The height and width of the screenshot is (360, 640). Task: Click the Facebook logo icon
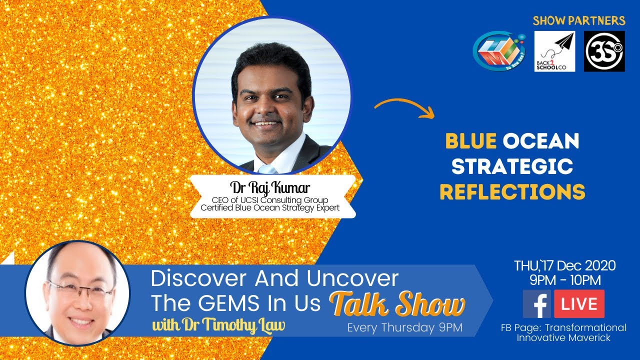pyautogui.click(x=536, y=304)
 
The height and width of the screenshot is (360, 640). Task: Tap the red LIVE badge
pyautogui.click(x=579, y=304)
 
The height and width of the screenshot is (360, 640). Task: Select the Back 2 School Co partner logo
pyautogui.click(x=554, y=51)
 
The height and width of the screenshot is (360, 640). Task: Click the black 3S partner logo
pyautogui.click(x=604, y=51)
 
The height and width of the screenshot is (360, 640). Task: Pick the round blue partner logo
pyautogui.click(x=498, y=52)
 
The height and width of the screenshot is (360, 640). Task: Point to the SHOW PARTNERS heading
pyautogui.click(x=578, y=21)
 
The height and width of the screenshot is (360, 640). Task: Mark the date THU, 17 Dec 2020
pyautogui.click(x=565, y=265)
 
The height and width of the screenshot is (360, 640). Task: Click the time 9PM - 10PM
pyautogui.click(x=565, y=280)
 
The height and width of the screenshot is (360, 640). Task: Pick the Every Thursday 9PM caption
pyautogui.click(x=404, y=328)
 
